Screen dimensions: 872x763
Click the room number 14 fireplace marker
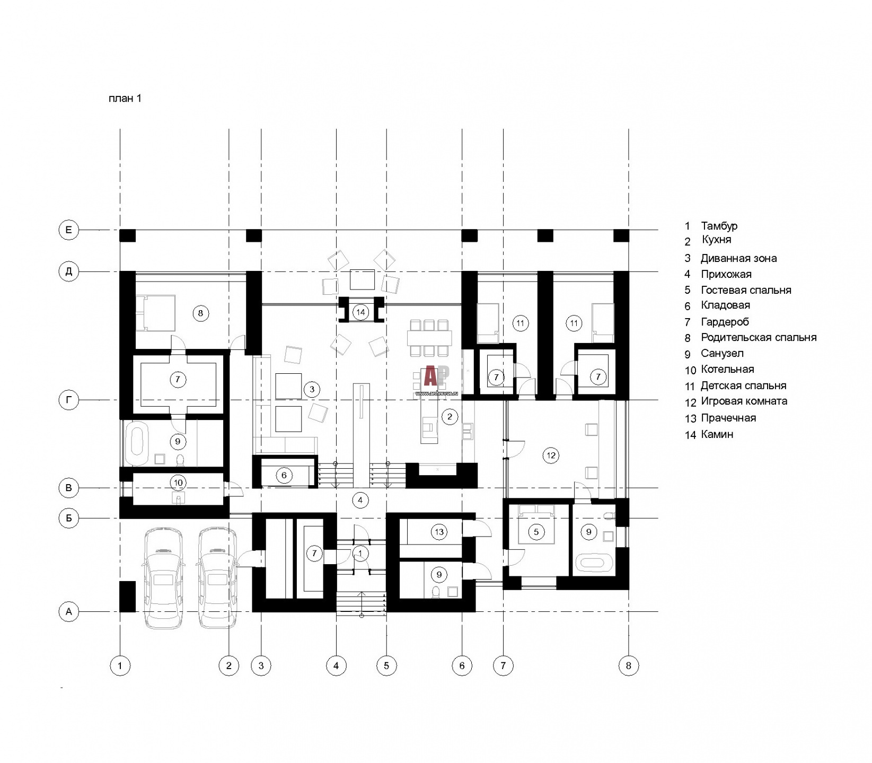point(361,312)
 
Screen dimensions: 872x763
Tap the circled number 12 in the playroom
point(551,455)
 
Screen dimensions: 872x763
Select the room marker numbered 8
point(200,313)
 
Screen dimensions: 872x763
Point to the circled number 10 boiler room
point(178,483)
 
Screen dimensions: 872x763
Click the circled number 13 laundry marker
point(439,532)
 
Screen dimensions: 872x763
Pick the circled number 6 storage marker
point(284,475)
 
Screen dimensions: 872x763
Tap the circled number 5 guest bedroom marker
point(536,532)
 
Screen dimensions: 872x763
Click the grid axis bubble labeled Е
point(68,230)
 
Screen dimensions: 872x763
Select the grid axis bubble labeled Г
point(68,401)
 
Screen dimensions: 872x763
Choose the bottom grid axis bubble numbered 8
point(629,665)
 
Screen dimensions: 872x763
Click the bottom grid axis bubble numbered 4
point(336,665)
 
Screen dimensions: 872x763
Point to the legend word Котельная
point(727,369)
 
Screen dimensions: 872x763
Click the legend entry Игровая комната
point(744,401)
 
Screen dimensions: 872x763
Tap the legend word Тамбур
point(719,226)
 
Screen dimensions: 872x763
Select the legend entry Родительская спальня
point(759,337)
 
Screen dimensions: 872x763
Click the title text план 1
point(125,98)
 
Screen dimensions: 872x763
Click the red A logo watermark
point(430,376)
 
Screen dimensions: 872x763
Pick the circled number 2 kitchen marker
point(450,417)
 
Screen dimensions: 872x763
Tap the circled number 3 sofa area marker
point(312,390)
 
